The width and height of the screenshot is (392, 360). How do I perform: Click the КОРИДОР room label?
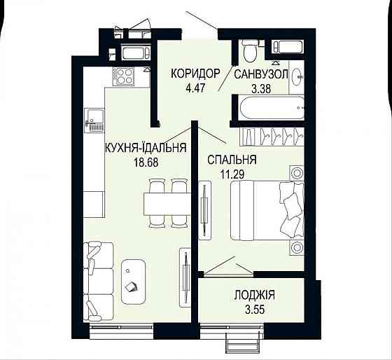coord(197,74)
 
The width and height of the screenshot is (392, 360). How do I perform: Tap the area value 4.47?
coord(197,88)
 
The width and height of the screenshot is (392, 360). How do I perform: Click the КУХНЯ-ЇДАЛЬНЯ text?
coord(145,148)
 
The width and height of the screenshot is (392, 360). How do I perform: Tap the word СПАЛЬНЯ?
coord(232,160)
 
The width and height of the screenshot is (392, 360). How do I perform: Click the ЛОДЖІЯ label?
coord(253,294)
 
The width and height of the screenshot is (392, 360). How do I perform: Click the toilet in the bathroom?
coord(249,51)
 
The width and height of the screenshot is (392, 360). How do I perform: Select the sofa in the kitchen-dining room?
coord(97,280)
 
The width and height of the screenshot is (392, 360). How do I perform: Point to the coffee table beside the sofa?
coord(134,280)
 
